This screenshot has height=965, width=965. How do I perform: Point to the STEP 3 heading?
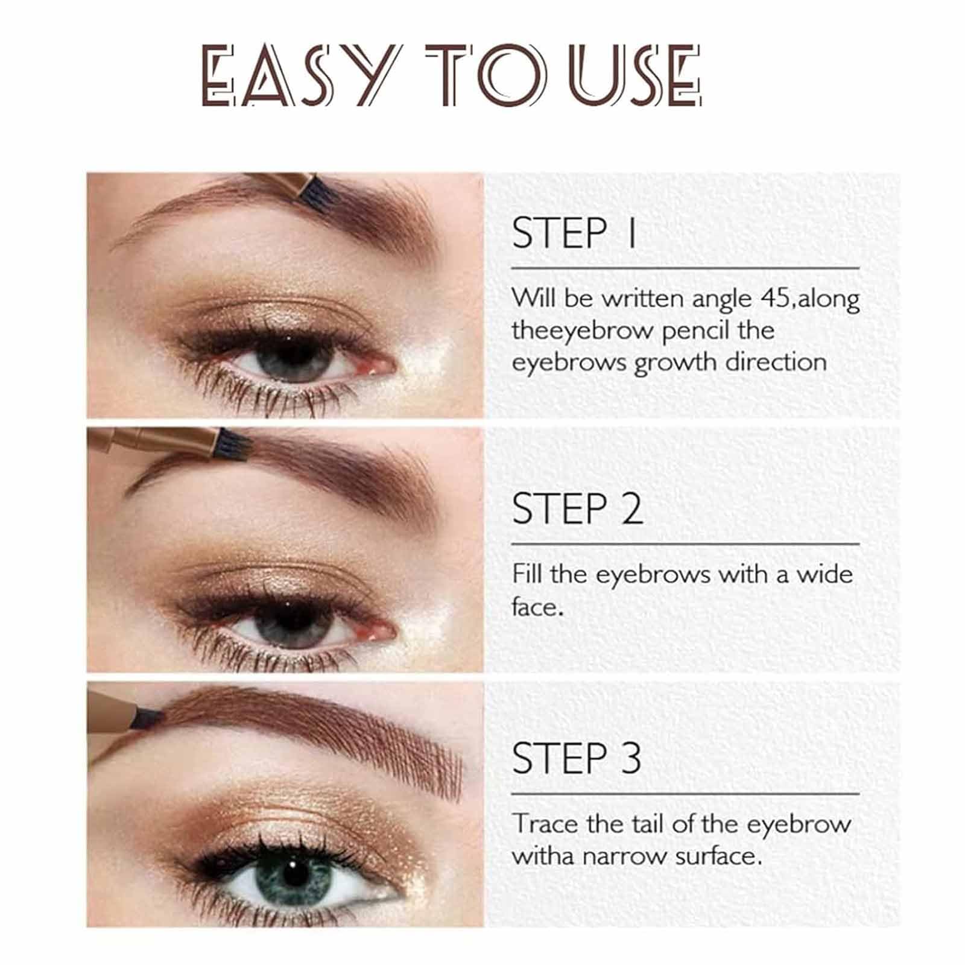click(576, 758)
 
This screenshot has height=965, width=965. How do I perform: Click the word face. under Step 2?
click(537, 606)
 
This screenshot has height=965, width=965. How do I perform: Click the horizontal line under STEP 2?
click(685, 544)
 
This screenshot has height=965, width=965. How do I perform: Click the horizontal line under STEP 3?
click(685, 794)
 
